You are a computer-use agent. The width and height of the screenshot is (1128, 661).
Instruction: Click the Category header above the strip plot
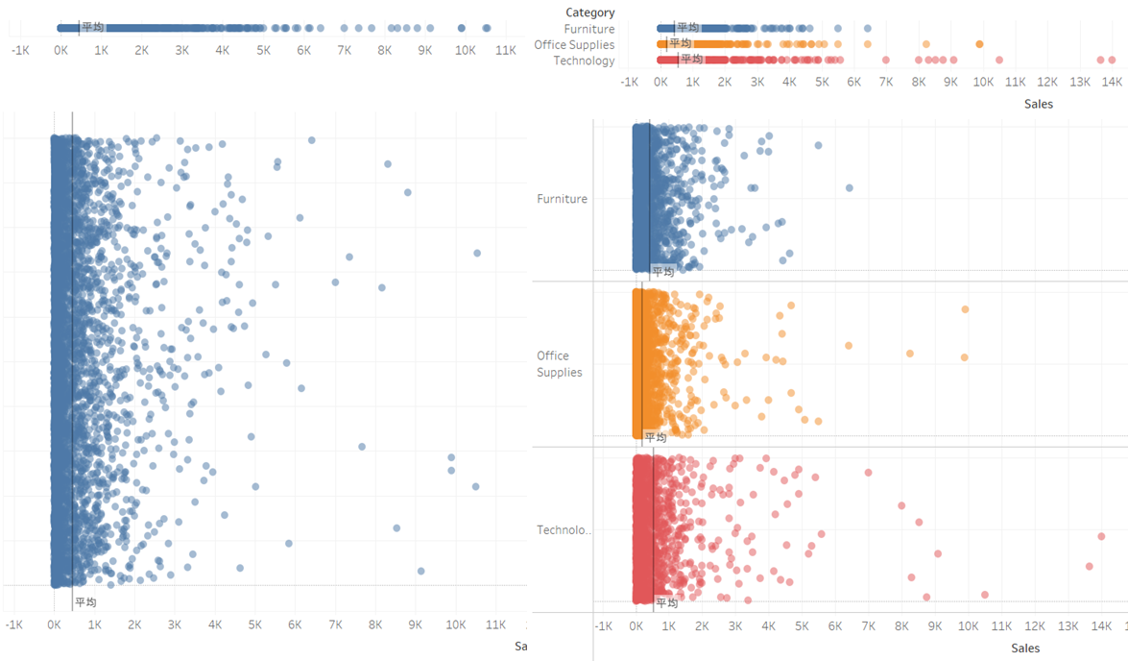(590, 12)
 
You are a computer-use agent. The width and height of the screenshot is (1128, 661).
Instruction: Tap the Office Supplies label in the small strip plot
(574, 44)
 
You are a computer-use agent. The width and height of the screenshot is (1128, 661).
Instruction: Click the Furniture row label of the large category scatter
(562, 199)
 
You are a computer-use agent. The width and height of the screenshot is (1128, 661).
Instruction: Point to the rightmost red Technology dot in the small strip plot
(1112, 61)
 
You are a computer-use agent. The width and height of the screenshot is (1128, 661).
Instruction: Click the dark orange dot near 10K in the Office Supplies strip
(979, 44)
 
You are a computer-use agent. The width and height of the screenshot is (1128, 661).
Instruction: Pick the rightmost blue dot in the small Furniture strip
(868, 29)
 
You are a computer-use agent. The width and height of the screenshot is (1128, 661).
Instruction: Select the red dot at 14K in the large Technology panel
(1101, 536)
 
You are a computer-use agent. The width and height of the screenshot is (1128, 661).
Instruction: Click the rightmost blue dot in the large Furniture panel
(849, 187)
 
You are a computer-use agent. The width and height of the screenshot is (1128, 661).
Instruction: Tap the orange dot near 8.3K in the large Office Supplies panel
(909, 354)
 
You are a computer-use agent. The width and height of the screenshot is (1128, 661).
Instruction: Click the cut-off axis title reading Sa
(521, 646)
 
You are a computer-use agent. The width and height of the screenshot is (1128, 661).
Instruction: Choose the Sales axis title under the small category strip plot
(1038, 104)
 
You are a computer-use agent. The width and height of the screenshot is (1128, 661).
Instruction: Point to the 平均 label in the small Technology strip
(692, 60)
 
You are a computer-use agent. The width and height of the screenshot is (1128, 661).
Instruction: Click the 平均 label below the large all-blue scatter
(85, 602)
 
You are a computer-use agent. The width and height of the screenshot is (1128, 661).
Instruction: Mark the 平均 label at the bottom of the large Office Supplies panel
(655, 437)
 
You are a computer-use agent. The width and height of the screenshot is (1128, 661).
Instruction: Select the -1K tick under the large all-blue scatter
(13, 624)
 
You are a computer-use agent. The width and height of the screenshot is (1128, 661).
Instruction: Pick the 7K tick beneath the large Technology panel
(868, 626)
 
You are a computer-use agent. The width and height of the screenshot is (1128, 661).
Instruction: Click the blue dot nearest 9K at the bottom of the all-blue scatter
(420, 571)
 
